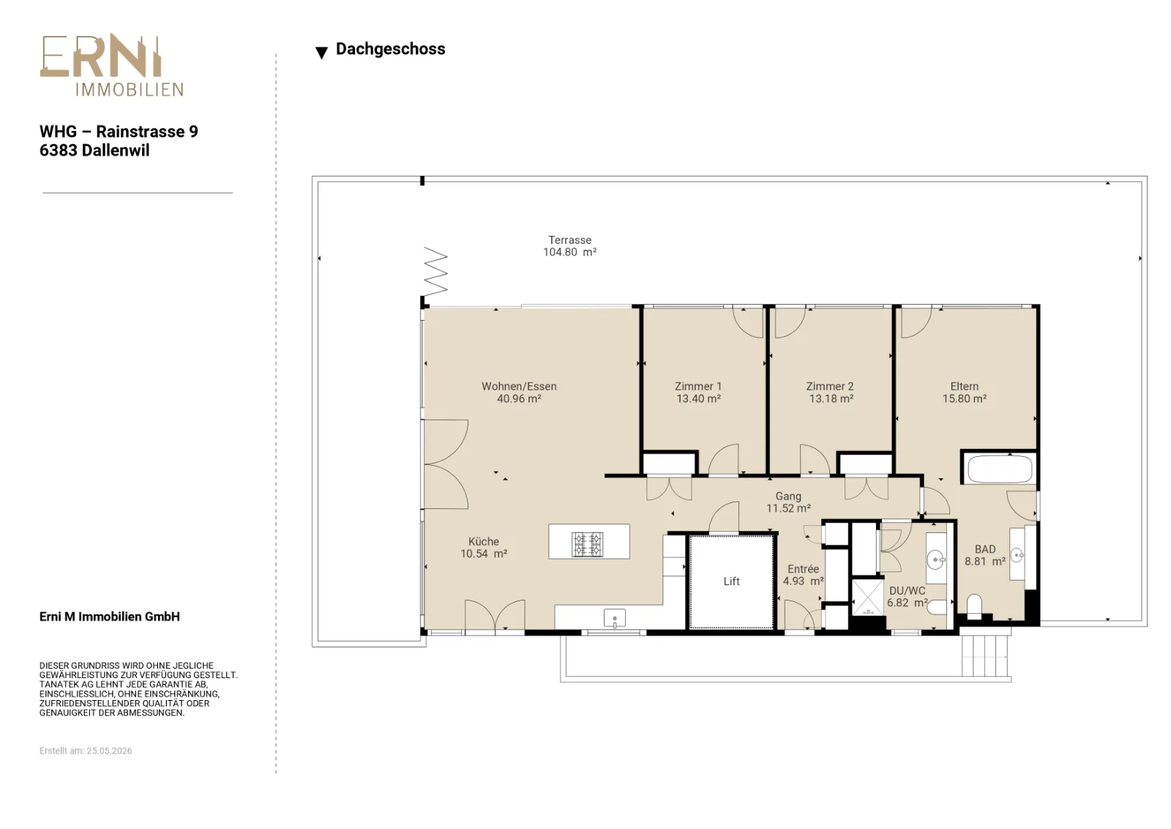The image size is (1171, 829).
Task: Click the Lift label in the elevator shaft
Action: (x=731, y=581)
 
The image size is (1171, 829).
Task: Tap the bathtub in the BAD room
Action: (x=1000, y=468)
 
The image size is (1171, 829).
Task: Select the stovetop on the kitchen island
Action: (x=587, y=544)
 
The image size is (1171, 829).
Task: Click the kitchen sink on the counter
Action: (x=614, y=618)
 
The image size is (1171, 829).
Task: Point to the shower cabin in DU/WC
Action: (x=867, y=598)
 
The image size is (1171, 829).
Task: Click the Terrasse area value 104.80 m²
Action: (x=570, y=252)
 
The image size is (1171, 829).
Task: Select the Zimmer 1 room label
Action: (x=698, y=387)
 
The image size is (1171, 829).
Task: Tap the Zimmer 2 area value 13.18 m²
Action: (x=831, y=398)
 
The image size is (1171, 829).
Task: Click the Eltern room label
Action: (x=965, y=387)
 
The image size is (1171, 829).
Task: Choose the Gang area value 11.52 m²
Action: (x=788, y=508)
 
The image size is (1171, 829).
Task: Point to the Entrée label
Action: (x=803, y=569)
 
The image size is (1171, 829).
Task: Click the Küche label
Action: (x=484, y=542)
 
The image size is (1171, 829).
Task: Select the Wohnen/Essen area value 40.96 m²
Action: (x=519, y=398)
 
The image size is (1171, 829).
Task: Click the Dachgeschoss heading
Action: (x=391, y=49)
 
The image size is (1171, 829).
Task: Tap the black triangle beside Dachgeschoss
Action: (x=321, y=52)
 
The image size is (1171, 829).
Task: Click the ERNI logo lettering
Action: (x=101, y=57)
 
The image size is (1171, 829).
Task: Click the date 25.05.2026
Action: (x=109, y=751)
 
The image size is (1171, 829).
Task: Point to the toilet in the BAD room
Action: (x=974, y=607)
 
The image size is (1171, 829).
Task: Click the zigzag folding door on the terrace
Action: (x=435, y=272)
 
